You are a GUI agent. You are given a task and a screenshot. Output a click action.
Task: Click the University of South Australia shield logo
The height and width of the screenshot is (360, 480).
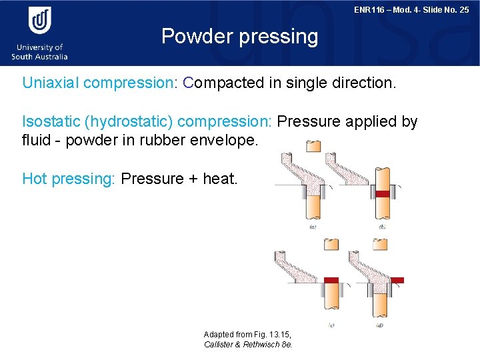point(39,21)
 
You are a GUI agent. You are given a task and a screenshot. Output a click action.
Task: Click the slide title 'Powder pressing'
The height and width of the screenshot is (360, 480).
point(240,36)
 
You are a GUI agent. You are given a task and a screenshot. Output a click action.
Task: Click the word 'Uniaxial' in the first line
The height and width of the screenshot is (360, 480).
point(51,83)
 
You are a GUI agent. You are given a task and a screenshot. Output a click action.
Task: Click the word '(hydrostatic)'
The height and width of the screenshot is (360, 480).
point(127,121)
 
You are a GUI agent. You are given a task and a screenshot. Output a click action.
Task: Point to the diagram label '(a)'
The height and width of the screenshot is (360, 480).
point(312,227)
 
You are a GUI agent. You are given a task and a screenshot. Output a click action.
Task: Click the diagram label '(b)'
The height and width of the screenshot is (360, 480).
point(382,227)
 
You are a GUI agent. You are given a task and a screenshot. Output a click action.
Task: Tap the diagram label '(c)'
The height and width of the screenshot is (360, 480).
point(331,325)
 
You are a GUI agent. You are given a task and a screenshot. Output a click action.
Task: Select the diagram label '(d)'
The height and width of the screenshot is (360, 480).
point(379,325)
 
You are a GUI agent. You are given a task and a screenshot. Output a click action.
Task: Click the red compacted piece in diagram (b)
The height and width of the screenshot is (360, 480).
point(382,193)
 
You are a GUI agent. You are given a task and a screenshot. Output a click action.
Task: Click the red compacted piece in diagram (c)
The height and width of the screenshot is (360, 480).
point(331,280)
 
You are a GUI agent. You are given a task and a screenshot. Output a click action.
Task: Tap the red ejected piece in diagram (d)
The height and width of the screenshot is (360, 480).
point(397,280)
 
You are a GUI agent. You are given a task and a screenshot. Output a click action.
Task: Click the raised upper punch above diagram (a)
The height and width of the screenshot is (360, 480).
point(311,145)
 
